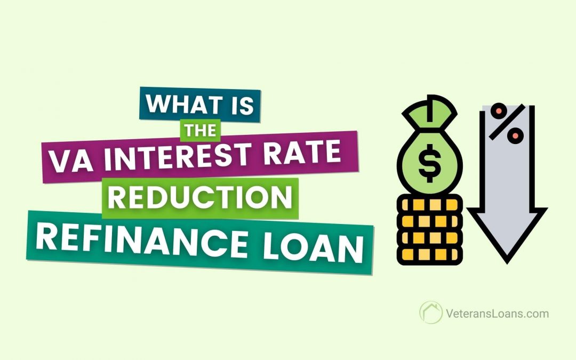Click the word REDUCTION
203,197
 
